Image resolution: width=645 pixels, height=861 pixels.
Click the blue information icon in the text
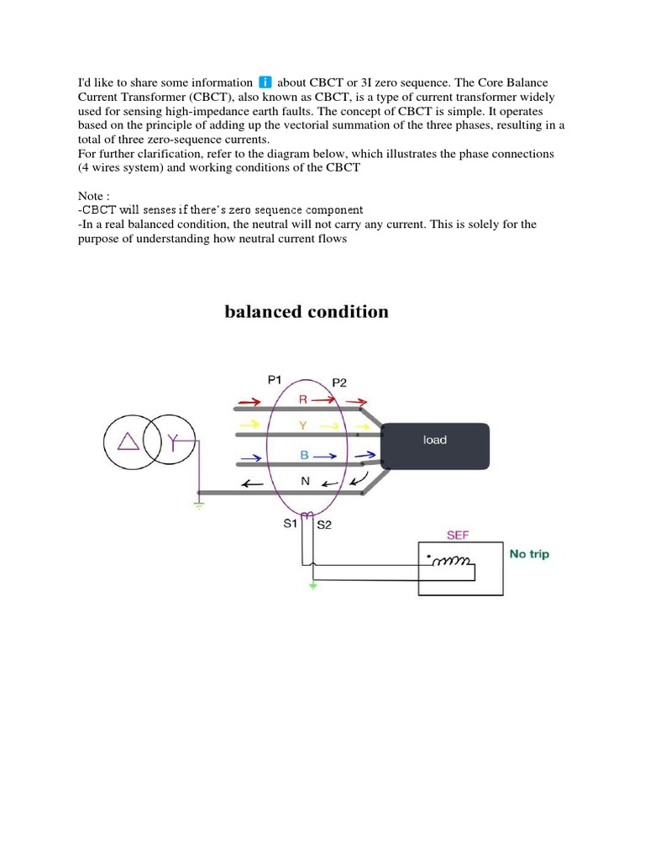(x=265, y=82)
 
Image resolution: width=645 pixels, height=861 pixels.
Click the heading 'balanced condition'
(x=307, y=312)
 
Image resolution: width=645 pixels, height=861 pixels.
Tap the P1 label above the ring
(x=275, y=380)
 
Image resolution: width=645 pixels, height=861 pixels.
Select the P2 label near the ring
(x=339, y=383)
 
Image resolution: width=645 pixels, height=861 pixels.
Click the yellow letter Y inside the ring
(x=303, y=426)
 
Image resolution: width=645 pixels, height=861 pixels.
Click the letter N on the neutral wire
(x=305, y=481)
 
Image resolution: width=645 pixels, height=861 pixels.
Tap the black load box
(x=435, y=446)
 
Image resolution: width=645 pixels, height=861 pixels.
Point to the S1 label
(x=291, y=524)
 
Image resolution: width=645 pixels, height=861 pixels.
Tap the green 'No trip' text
(x=530, y=554)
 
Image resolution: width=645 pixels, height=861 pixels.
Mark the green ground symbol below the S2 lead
(x=313, y=585)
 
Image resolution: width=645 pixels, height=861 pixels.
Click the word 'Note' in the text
(x=88, y=196)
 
